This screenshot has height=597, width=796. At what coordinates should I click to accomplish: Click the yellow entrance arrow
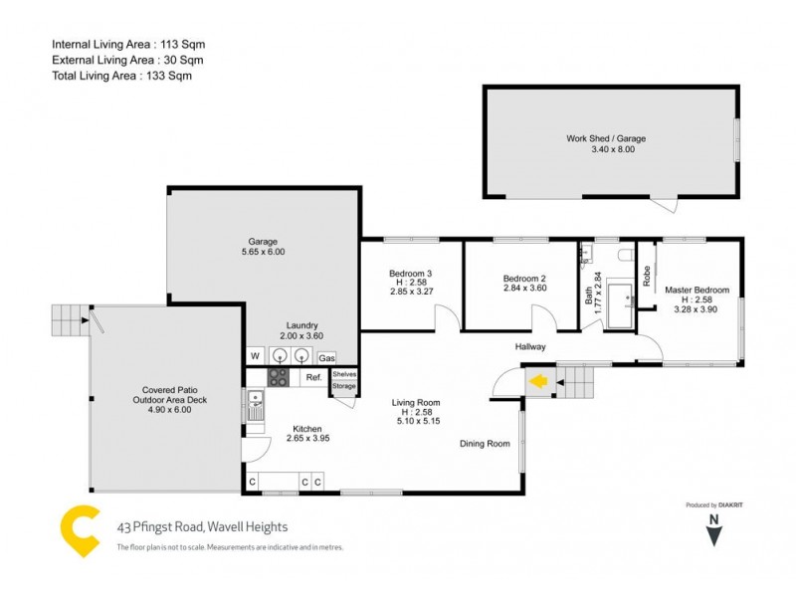(538, 380)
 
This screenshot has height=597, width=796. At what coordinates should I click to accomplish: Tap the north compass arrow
(713, 535)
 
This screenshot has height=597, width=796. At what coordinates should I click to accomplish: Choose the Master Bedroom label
(696, 291)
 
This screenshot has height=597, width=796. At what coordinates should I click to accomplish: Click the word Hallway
(530, 346)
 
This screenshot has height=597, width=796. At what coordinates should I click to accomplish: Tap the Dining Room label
(485, 444)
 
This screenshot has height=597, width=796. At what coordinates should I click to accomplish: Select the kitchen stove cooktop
(279, 377)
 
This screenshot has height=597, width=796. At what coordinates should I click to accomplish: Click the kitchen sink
(256, 403)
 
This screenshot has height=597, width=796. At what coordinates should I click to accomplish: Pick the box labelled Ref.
(312, 377)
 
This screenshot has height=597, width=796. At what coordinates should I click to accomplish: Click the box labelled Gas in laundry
(326, 357)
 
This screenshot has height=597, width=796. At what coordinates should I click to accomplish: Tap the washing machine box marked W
(255, 356)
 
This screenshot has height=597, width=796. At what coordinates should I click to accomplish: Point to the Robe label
(647, 276)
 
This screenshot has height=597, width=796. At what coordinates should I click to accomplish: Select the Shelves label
(344, 374)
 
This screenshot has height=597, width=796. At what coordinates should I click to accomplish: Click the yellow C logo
(80, 532)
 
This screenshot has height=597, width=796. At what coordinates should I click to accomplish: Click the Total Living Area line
(121, 75)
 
